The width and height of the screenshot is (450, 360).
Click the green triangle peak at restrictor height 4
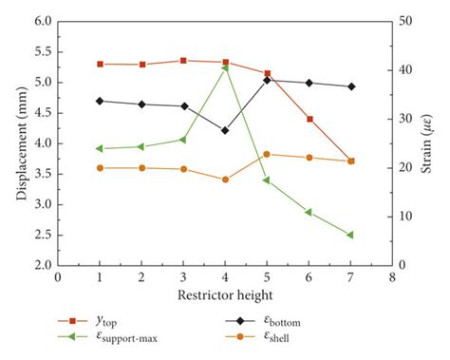pyautogui.click(x=225, y=68)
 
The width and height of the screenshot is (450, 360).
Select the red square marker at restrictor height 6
pyautogui.click(x=309, y=119)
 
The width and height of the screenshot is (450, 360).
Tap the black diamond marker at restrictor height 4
pyautogui.click(x=225, y=130)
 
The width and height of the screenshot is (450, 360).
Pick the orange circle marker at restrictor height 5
pyautogui.click(x=267, y=154)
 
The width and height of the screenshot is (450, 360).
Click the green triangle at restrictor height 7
pyautogui.click(x=350, y=235)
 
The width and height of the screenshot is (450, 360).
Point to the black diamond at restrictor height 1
pyautogui.click(x=100, y=101)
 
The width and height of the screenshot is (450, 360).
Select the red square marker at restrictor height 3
pyautogui.click(x=183, y=60)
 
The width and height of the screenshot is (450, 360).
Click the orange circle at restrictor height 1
pyautogui.click(x=100, y=168)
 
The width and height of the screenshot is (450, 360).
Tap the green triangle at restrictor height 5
pyautogui.click(x=267, y=180)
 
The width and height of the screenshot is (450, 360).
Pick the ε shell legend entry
pyautogui.click(x=285, y=338)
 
